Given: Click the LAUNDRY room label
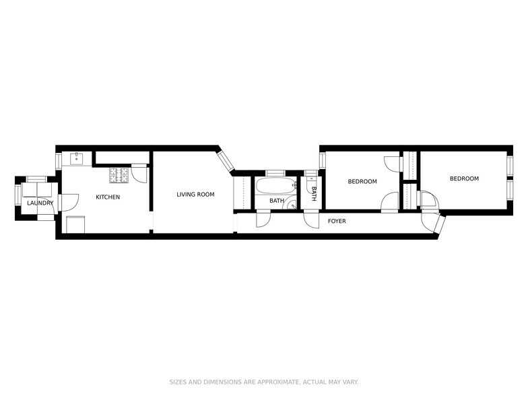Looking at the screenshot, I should (40, 203).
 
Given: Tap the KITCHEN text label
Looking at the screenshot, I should (108, 197).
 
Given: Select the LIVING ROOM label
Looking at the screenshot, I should (195, 195).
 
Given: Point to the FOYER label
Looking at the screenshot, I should (337, 221).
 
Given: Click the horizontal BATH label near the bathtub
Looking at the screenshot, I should (277, 201).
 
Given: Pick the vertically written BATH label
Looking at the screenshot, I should (314, 194).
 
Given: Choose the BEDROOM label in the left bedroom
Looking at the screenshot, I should (362, 181).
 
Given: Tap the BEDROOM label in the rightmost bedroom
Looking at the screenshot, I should (464, 178).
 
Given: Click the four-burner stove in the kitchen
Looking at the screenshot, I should (120, 175).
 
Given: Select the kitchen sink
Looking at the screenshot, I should (76, 160).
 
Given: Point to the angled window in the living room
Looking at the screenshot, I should (225, 160).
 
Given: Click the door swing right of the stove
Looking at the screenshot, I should (139, 174).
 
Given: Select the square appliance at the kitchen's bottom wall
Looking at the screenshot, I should (75, 224).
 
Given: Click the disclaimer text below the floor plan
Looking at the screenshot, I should (263, 382).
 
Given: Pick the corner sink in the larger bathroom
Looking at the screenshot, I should (292, 206).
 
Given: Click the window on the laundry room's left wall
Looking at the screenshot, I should (18, 195).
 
